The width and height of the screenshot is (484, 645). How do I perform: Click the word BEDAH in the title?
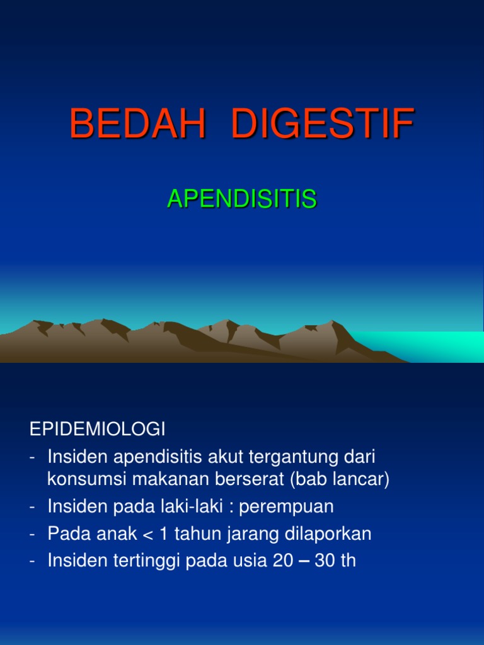coord(137,124)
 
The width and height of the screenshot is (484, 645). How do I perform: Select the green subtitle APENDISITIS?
coord(241,199)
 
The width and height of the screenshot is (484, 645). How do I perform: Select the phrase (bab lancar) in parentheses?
coord(340,480)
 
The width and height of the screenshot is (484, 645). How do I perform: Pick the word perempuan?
coord(286,507)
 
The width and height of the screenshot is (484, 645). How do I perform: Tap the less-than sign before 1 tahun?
coord(149,535)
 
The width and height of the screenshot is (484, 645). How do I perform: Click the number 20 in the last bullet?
coord(283,561)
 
